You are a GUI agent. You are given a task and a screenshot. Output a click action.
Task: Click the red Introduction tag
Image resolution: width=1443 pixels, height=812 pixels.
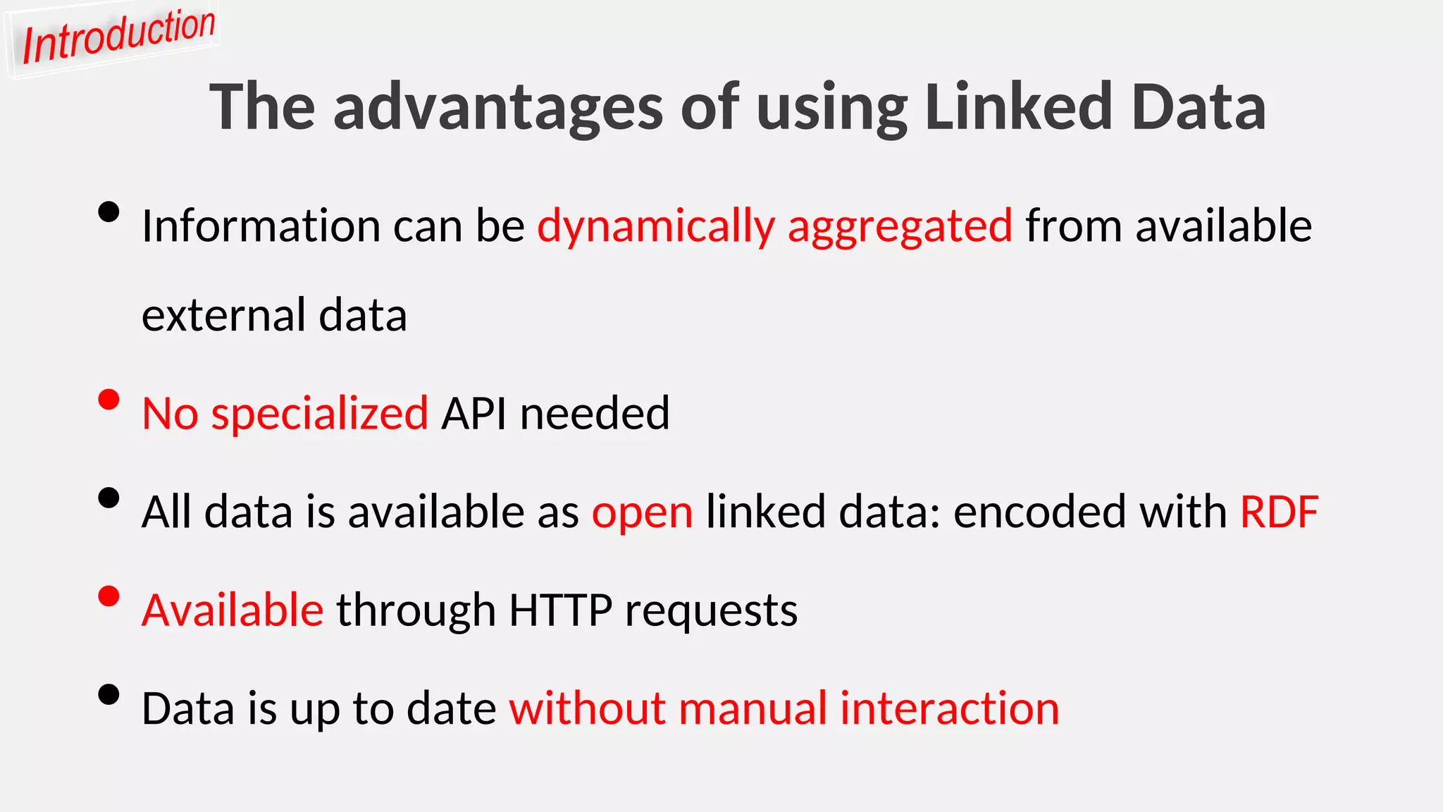pyautogui.click(x=118, y=37)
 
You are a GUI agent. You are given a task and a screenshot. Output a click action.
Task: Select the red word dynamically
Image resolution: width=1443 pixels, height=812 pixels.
pyautogui.click(x=656, y=227)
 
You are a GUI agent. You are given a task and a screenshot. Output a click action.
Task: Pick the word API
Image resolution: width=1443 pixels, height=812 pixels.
pyautogui.click(x=473, y=413)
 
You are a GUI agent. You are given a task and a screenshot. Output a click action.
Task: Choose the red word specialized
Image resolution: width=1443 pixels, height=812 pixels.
pyautogui.click(x=320, y=414)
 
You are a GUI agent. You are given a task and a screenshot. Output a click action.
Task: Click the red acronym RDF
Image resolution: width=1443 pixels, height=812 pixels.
pyautogui.click(x=1279, y=512)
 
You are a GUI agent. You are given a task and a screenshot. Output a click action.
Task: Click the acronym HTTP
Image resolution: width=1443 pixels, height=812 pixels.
pyautogui.click(x=560, y=610)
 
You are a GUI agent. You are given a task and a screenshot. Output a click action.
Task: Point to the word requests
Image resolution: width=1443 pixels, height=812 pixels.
pyautogui.click(x=711, y=611)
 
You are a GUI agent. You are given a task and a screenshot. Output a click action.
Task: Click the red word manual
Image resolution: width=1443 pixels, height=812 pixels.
pyautogui.click(x=753, y=708)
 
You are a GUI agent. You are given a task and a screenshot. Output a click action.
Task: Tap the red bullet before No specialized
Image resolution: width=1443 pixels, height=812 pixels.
pyautogui.click(x=109, y=400)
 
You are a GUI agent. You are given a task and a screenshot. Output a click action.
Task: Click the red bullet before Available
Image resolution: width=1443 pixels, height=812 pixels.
pyautogui.click(x=109, y=596)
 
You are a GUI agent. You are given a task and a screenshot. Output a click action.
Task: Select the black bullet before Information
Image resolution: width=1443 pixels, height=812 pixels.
pyautogui.click(x=109, y=211)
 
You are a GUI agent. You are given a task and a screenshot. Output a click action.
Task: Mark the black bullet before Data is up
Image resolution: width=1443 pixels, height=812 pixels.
pyautogui.click(x=109, y=694)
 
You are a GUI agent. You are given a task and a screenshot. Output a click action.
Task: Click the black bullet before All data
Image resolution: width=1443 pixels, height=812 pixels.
pyautogui.click(x=109, y=498)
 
